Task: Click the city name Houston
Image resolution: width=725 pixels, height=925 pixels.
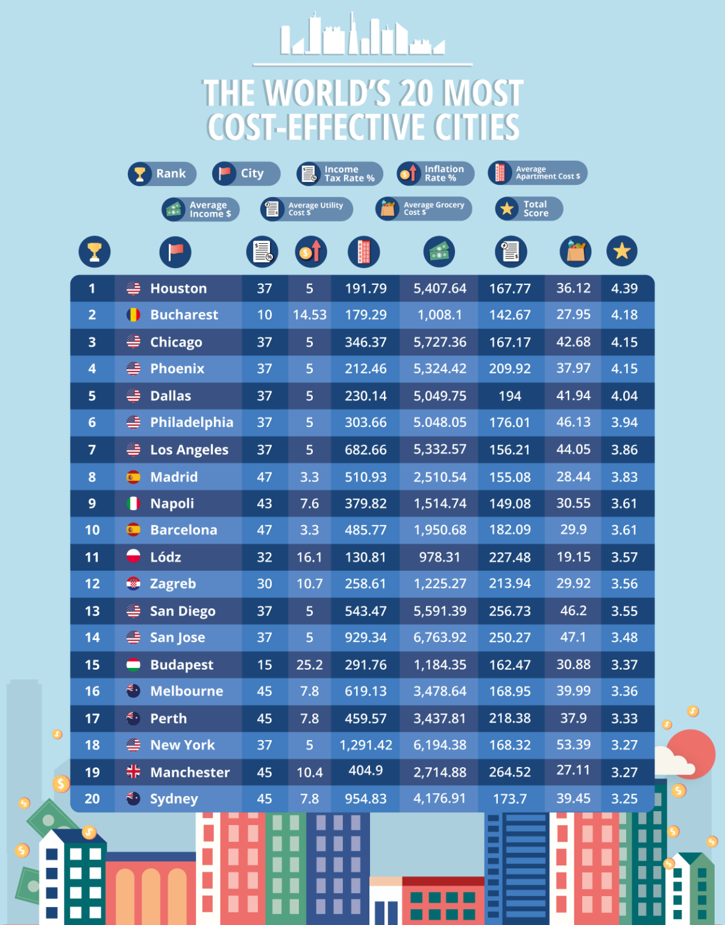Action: pos(178,288)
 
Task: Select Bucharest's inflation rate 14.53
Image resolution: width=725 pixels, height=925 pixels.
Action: pos(310,315)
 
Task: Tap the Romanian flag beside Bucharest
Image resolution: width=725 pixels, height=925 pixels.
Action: pos(133,315)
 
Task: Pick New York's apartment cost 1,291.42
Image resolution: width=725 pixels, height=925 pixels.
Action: pos(366,745)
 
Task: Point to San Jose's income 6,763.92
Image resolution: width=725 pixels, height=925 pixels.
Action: pos(440,637)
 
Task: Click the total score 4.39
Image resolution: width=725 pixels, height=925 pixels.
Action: pos(624,288)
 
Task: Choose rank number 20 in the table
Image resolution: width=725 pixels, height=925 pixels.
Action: pos(92,799)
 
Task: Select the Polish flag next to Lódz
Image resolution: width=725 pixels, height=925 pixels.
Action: pos(133,556)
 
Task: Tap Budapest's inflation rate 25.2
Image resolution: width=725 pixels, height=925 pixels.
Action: pos(310,665)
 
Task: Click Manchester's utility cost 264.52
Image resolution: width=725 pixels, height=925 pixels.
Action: pos(510,772)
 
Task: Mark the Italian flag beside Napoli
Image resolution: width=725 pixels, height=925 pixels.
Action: pos(133,503)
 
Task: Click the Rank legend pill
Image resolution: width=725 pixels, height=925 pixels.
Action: pos(162,174)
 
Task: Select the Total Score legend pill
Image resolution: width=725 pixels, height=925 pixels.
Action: pos(529,209)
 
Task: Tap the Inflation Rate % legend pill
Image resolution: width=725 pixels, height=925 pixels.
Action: pos(435,173)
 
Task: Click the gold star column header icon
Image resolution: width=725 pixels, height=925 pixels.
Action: pos(622,251)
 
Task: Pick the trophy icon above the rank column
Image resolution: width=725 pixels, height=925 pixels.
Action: pos(95,252)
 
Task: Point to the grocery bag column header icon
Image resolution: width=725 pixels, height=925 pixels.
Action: pos(576,252)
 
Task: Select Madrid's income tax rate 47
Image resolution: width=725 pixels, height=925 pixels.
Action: pos(265,477)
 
